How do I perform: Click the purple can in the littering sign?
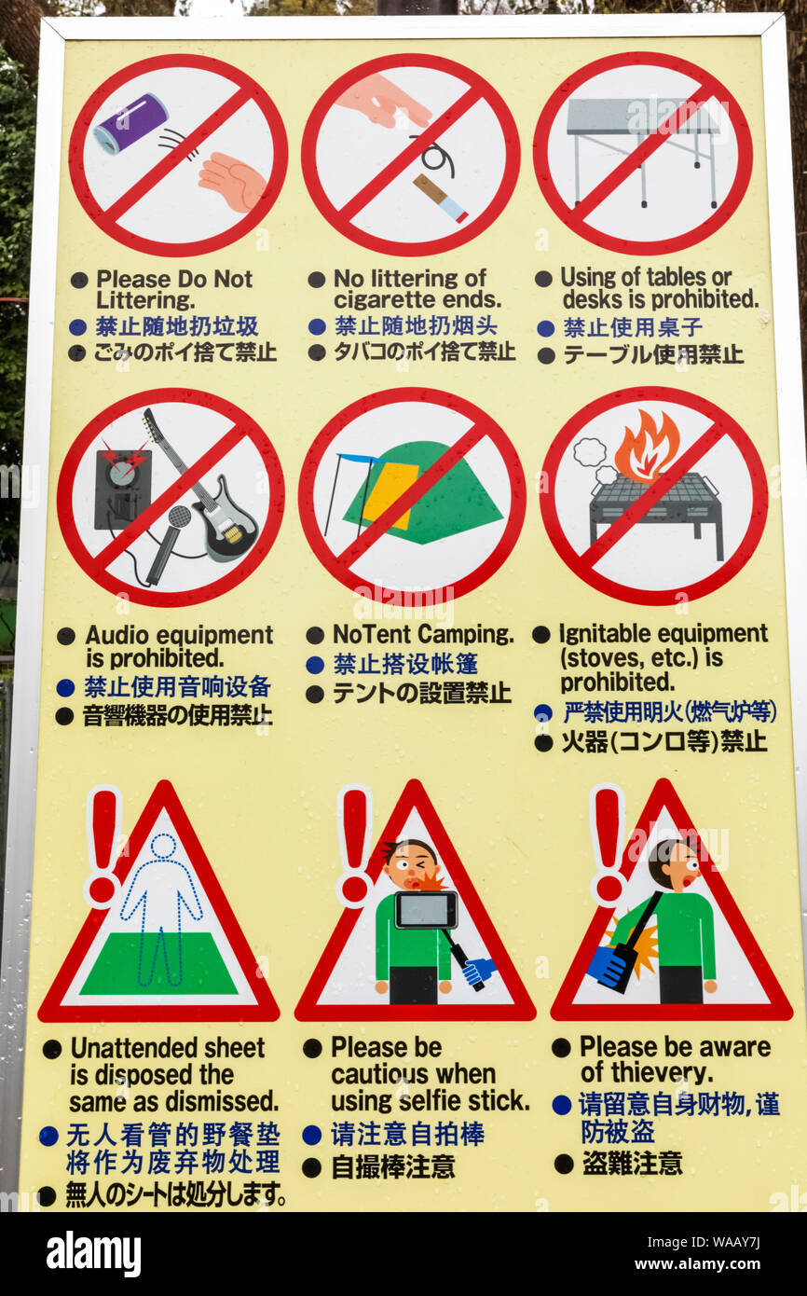pos(131,123)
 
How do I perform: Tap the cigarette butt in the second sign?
pos(440,198)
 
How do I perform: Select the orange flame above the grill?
pos(647,447)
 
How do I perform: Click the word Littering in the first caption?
pos(144,300)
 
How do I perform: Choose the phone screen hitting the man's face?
pos(426,910)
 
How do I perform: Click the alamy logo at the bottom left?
pos(93,1253)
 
